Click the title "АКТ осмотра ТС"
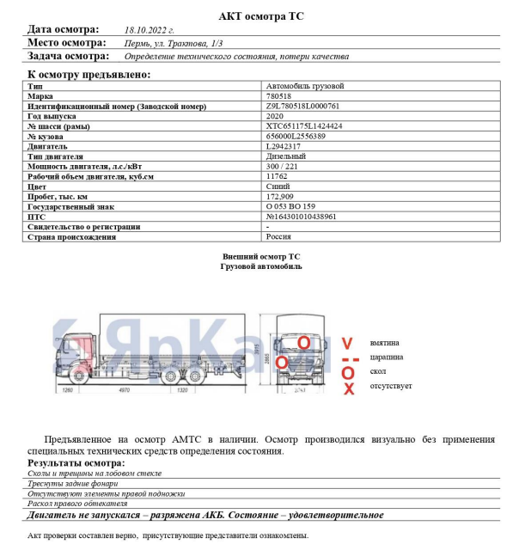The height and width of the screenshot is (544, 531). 261,15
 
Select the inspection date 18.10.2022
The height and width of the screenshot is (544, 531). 150,29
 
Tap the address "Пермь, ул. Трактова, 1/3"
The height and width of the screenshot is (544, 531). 174,42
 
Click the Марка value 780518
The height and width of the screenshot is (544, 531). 278,96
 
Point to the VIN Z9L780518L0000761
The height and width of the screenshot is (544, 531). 303,106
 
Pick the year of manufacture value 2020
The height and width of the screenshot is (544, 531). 275,115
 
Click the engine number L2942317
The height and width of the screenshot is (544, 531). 287,146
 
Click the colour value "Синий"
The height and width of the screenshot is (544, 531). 278,186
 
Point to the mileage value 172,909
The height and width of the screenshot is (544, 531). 281,197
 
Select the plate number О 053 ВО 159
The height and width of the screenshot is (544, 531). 291,206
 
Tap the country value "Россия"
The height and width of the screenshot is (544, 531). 279,236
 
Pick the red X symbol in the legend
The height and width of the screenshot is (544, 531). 348,389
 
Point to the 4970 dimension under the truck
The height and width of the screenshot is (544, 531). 123,390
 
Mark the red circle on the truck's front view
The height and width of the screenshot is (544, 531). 303,341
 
